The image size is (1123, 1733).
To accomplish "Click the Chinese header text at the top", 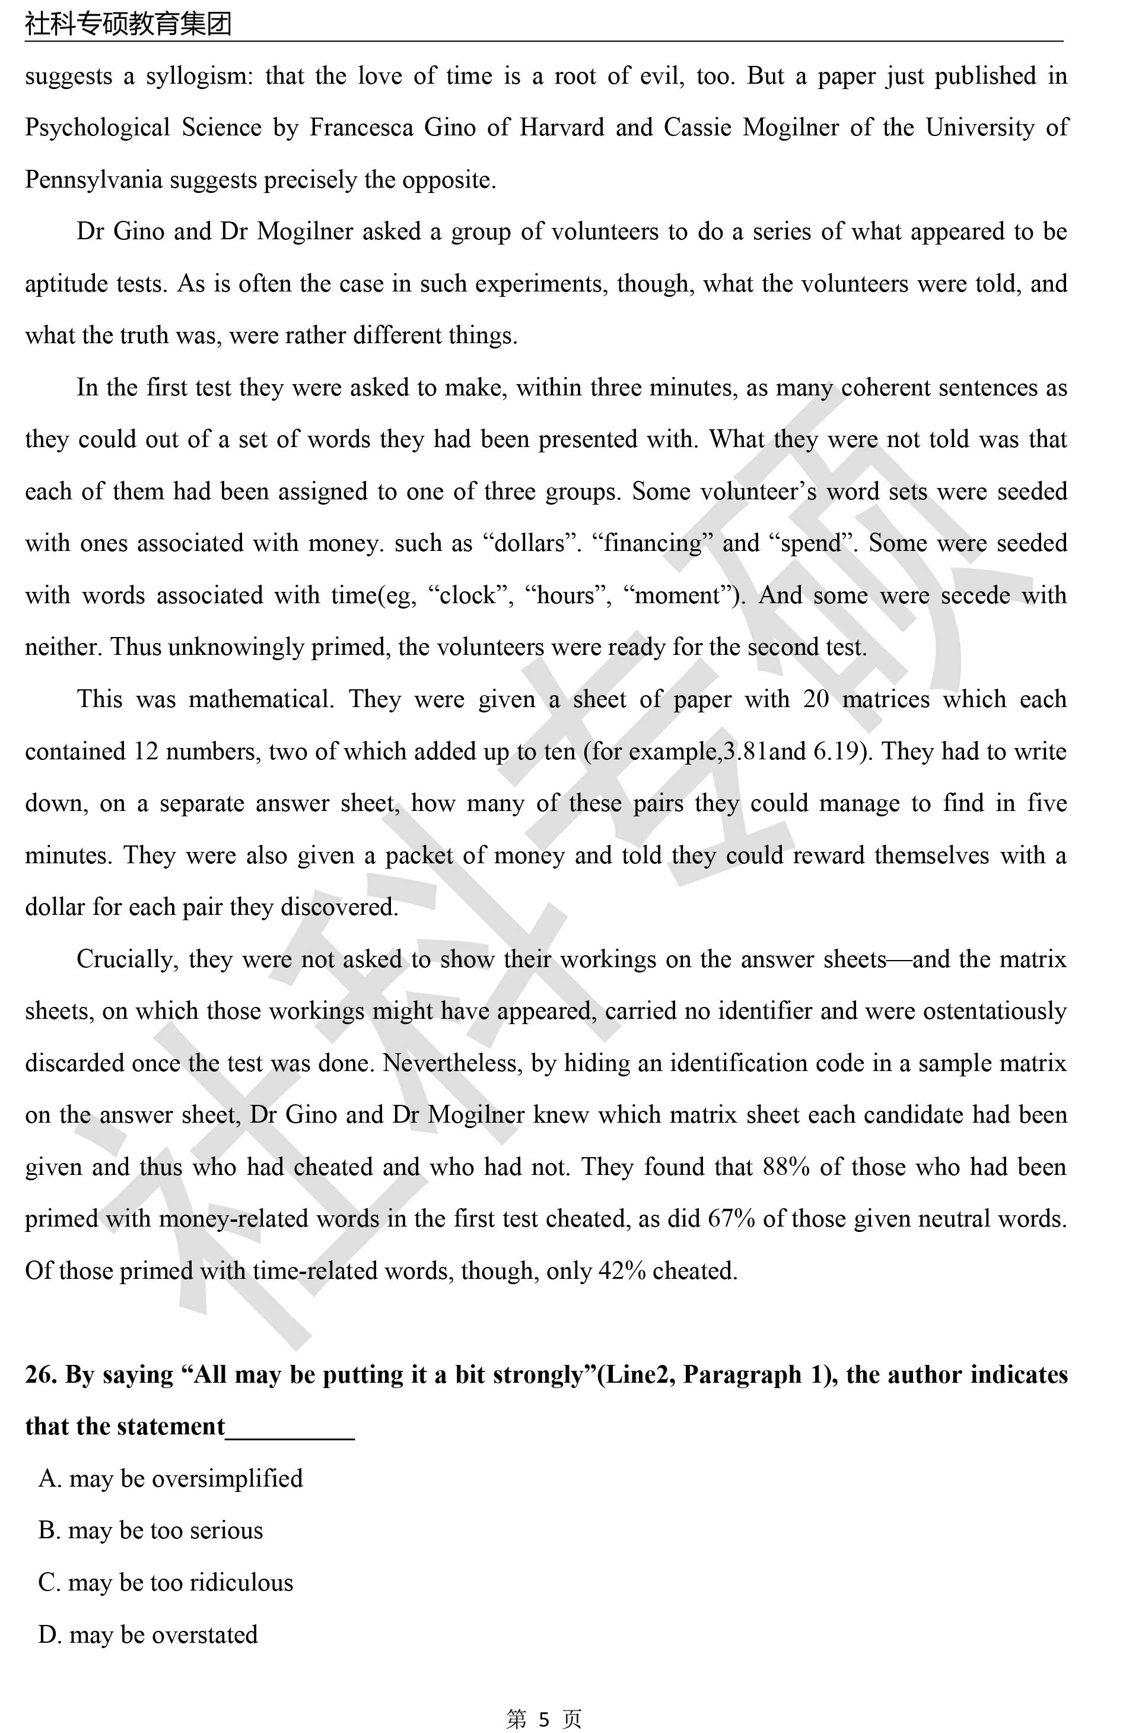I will click(128, 23).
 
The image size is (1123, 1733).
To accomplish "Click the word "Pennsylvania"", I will click(93, 180).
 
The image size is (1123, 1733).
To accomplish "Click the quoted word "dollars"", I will click(530, 543).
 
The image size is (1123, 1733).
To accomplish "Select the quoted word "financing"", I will click(658, 543).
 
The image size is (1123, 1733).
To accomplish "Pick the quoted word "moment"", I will click(684, 595).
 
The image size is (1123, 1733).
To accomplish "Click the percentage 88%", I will click(786, 1167).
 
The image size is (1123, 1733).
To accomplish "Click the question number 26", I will click(38, 1375).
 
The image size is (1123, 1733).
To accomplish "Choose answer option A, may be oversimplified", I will click(170, 1479).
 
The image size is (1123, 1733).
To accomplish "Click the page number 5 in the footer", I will click(543, 1718).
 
